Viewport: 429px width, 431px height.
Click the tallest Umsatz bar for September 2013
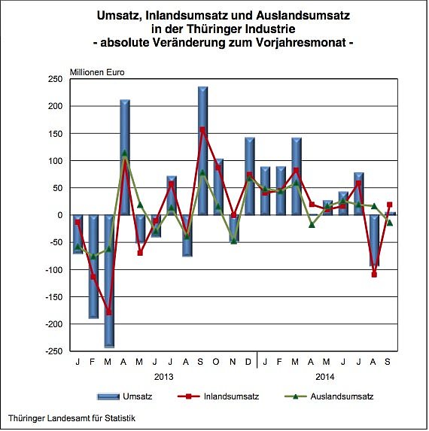(202, 150)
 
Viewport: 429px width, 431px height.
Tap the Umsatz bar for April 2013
(125, 157)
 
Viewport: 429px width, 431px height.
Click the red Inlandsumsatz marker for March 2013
(109, 311)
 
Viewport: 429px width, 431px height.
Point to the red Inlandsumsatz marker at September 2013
(202, 129)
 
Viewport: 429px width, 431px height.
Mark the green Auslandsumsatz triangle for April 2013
(125, 153)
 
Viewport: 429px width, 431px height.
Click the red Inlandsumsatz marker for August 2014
(374, 275)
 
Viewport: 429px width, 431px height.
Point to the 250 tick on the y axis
(55, 79)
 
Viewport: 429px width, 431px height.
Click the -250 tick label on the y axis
(53, 351)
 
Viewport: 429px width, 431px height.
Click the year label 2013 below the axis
(163, 376)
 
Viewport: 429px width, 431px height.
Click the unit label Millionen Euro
(97, 72)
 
